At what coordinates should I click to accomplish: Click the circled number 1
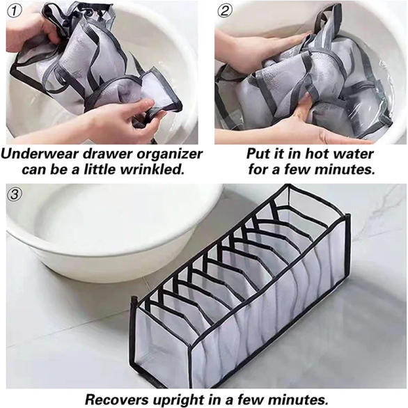(15, 11)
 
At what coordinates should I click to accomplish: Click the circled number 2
(225, 10)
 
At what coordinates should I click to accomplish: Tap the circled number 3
(15, 194)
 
